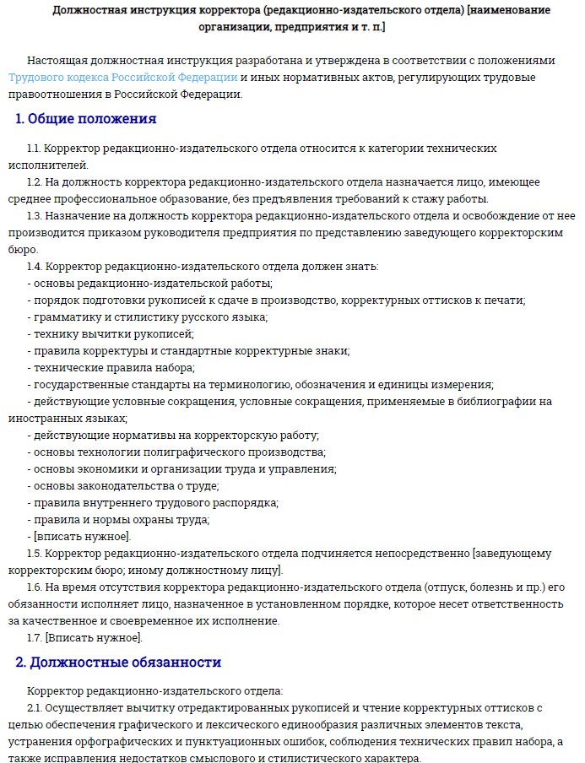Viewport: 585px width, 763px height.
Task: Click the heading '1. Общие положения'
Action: (85, 119)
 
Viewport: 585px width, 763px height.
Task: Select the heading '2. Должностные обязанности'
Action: (118, 663)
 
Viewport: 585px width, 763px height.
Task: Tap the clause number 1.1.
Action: (34, 149)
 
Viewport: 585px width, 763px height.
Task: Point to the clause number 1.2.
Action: (34, 182)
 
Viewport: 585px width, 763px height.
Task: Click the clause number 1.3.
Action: (34, 216)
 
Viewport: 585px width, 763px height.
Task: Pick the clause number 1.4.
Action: (35, 267)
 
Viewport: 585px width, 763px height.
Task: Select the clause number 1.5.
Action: (34, 554)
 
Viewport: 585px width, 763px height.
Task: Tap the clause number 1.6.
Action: (34, 587)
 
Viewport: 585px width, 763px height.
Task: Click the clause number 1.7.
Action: (34, 638)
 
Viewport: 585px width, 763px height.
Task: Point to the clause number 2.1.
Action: (34, 707)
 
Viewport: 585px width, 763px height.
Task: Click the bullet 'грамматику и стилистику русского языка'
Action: (148, 317)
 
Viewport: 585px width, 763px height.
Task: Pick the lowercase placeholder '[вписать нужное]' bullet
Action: (81, 537)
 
